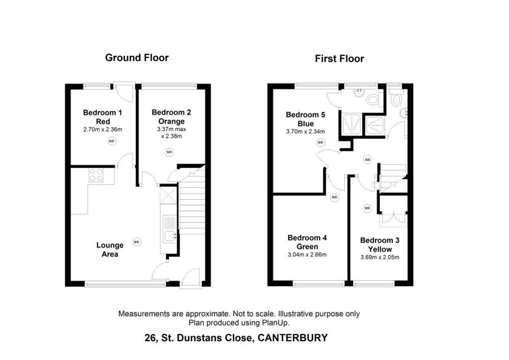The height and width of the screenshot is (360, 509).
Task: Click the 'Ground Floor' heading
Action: click(136, 58)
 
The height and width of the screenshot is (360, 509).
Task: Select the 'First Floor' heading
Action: click(339, 59)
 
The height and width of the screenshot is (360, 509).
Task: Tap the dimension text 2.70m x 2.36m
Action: click(102, 129)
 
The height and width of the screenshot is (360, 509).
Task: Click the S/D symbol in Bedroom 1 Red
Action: click(112, 141)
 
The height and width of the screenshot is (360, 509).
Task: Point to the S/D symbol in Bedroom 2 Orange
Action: click(169, 152)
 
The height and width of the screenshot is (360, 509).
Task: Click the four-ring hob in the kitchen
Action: click(96, 175)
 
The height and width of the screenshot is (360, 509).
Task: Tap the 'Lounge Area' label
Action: click(110, 249)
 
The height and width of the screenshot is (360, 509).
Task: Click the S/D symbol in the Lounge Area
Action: click(137, 242)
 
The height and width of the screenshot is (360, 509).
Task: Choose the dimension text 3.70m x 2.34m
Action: click(306, 132)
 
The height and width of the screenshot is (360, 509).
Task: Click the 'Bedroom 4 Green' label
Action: click(307, 242)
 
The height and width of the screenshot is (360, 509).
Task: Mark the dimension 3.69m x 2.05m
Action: click(380, 257)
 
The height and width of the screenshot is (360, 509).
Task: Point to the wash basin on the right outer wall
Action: click(404, 113)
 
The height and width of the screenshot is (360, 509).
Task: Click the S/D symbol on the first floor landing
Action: click(367, 159)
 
